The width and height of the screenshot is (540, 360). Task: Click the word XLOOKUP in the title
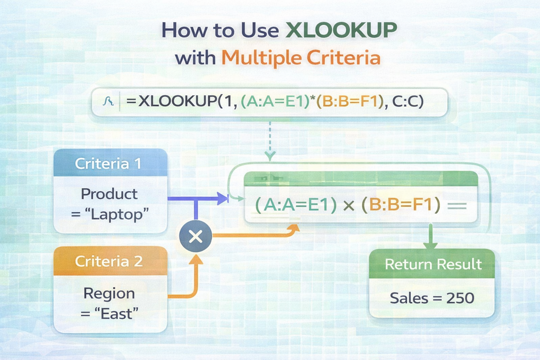(x=341, y=30)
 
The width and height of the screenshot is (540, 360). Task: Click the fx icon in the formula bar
(x=108, y=101)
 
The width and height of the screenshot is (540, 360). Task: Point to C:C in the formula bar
(x=408, y=101)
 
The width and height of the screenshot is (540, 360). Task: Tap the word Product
(x=109, y=194)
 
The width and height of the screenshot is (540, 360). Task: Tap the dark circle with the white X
(x=196, y=236)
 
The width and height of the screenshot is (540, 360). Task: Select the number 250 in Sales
(x=460, y=298)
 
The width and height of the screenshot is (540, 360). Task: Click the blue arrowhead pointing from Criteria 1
(x=223, y=198)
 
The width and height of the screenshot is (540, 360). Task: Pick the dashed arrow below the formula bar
(x=270, y=141)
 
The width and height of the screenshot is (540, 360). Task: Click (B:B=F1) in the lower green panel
(x=401, y=205)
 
